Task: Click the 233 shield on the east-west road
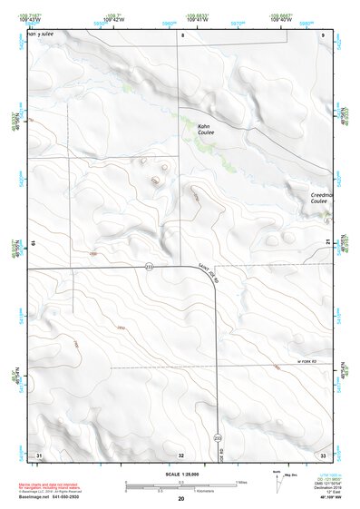pyautogui.click(x=148, y=266)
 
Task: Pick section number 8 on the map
pyautogui.click(x=181, y=35)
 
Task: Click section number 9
pyautogui.click(x=324, y=35)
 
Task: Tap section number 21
pyautogui.click(x=327, y=240)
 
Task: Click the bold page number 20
pyautogui.click(x=181, y=499)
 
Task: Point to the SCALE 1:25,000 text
pyautogui.click(x=181, y=475)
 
